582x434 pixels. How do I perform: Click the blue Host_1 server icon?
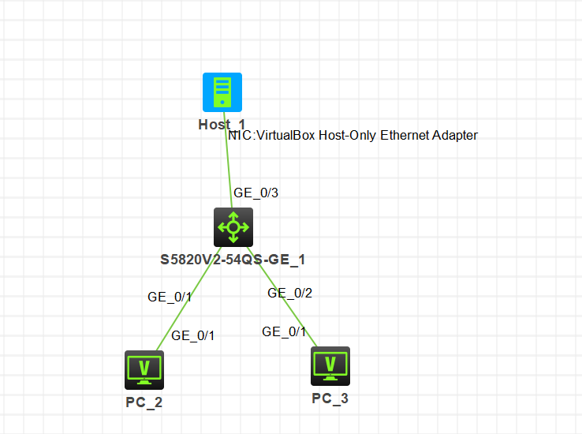(x=222, y=92)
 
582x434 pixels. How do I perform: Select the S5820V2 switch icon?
(x=233, y=227)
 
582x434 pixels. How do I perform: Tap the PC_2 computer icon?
(x=144, y=370)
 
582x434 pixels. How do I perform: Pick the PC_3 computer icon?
(x=330, y=366)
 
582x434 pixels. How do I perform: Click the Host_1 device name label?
(x=222, y=125)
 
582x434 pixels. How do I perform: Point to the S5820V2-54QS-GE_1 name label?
(x=233, y=260)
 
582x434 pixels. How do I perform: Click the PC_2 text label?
(x=144, y=402)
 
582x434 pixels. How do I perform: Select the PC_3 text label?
(x=330, y=398)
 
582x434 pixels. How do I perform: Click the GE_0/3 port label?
(x=256, y=193)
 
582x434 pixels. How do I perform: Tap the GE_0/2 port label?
(x=290, y=293)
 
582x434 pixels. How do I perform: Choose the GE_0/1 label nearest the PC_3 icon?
(x=284, y=331)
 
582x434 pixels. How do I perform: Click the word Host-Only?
(x=348, y=136)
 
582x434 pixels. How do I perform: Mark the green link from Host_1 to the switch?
(x=228, y=159)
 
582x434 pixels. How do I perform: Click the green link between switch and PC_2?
(x=189, y=298)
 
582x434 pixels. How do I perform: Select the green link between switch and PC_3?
(x=282, y=297)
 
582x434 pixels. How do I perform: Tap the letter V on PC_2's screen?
(x=144, y=368)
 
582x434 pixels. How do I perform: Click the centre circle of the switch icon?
(x=233, y=227)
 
